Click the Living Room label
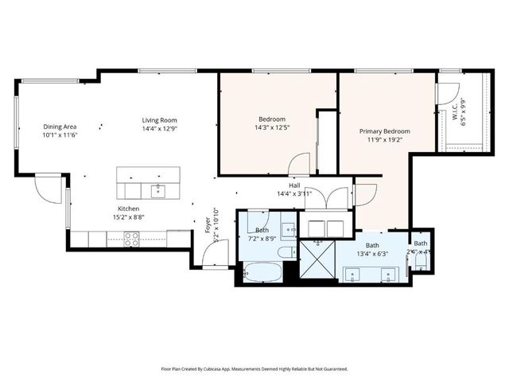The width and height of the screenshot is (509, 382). (159, 120)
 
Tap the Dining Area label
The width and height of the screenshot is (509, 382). (60, 127)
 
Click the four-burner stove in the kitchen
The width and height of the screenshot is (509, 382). (131, 236)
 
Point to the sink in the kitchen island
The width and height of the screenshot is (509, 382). (157, 189)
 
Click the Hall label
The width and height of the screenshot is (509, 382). (293, 185)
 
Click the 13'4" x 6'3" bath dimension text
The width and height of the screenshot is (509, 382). (372, 254)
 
